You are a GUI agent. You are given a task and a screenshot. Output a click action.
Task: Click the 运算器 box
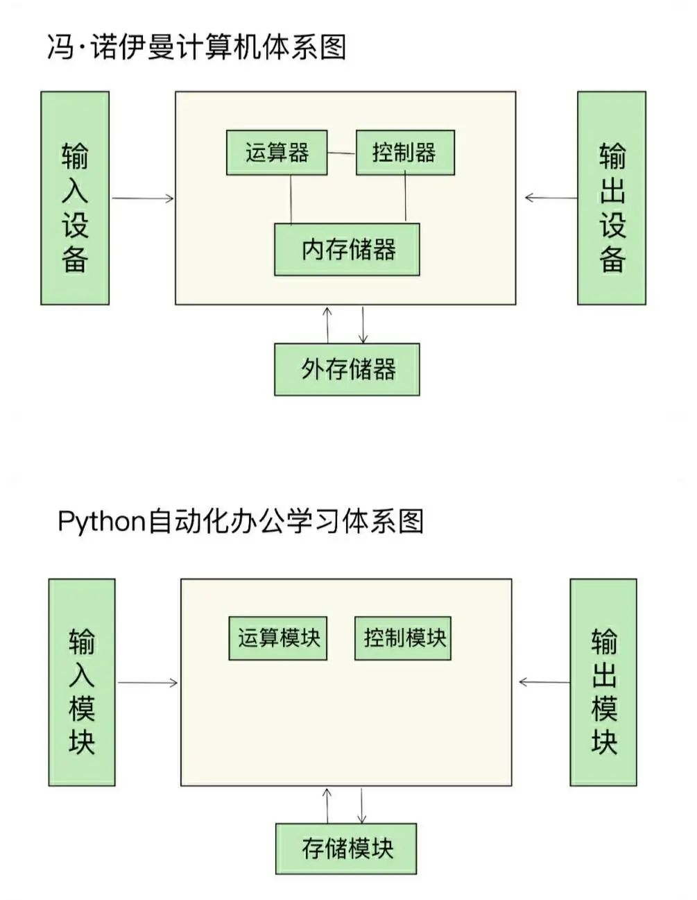277,153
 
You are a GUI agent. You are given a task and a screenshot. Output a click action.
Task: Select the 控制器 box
405,153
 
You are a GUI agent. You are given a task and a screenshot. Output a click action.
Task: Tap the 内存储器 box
347,250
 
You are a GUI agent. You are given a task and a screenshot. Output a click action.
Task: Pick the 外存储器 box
347,369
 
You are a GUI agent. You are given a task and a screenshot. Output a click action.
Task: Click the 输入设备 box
75,198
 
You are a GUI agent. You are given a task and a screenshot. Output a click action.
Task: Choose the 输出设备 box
612,198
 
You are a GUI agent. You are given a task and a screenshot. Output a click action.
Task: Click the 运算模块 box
278,638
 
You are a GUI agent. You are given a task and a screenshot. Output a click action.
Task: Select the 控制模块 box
403,638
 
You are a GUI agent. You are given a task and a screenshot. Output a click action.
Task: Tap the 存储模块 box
346,849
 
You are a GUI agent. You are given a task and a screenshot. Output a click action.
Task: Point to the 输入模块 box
82,682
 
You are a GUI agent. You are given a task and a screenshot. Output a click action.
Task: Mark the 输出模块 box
603,682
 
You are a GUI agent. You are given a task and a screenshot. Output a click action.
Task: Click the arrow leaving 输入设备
142,198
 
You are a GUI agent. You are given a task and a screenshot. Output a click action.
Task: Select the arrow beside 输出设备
551,198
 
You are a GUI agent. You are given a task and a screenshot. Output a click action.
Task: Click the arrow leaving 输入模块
148,683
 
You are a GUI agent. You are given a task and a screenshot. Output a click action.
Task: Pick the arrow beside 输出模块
544,682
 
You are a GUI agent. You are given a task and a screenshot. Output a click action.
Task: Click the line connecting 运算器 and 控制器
341,153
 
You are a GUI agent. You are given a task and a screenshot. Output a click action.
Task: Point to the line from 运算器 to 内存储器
291,199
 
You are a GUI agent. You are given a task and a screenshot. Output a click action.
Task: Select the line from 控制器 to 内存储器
406,198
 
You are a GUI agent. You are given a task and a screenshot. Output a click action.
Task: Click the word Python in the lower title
101,521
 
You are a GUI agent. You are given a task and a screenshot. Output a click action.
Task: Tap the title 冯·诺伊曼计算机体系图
197,47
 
